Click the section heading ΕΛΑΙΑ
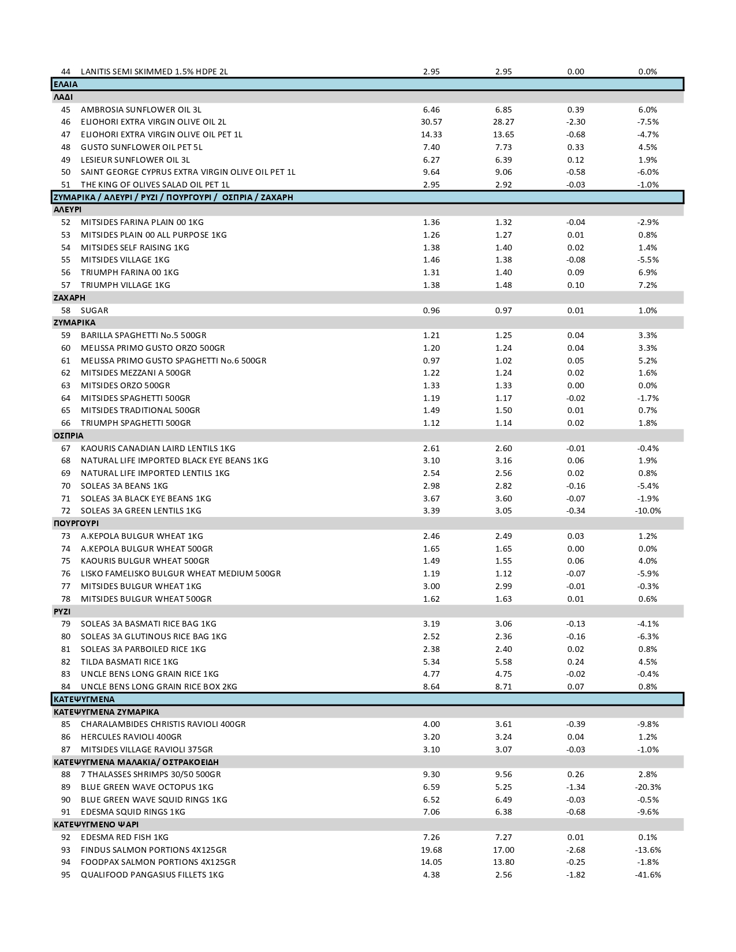65,84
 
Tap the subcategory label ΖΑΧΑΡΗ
69,298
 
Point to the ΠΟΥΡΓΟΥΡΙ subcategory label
76,523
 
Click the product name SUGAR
94,310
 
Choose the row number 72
66,511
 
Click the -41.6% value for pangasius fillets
648,875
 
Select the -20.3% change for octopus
648,787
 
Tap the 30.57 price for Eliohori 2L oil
431,122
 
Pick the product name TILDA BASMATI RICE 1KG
129,662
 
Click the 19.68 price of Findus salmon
431,850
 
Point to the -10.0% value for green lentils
648,511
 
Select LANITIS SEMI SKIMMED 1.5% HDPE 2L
154,72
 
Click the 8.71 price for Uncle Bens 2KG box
503,687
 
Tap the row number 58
66,310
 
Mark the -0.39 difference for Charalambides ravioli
576,724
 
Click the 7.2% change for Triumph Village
648,285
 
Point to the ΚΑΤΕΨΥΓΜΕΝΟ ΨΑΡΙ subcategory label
96,824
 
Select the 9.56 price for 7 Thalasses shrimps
503,774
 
